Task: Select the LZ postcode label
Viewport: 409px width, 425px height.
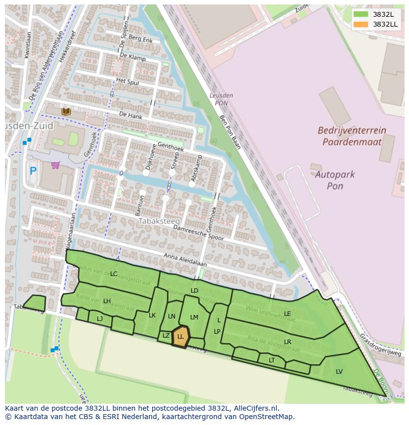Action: [x=166, y=336]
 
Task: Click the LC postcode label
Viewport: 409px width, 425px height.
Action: [x=114, y=274]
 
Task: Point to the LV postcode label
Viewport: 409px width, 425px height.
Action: [x=339, y=371]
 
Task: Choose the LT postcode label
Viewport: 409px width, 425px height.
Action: [x=272, y=360]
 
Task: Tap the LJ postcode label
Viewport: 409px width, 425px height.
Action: [x=100, y=318]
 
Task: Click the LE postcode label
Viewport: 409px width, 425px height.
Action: [x=287, y=313]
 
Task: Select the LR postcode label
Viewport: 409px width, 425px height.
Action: [x=287, y=342]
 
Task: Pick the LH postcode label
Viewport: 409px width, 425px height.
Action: [x=107, y=301]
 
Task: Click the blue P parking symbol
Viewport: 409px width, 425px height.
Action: [x=33, y=171]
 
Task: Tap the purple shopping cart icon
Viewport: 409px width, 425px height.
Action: [x=55, y=165]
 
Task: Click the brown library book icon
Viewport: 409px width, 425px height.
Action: [x=66, y=112]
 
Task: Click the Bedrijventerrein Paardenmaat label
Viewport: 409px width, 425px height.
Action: [x=352, y=136]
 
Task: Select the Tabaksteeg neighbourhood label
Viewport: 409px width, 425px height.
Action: [x=159, y=221]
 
